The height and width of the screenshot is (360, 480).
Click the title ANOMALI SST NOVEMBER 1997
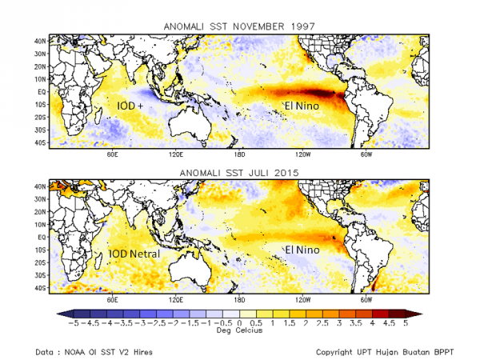click(x=240, y=25)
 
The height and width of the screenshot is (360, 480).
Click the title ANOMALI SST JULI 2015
click(x=240, y=172)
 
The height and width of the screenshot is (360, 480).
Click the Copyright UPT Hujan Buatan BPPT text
click(x=385, y=351)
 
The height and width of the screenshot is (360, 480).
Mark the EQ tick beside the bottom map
click(x=41, y=238)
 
